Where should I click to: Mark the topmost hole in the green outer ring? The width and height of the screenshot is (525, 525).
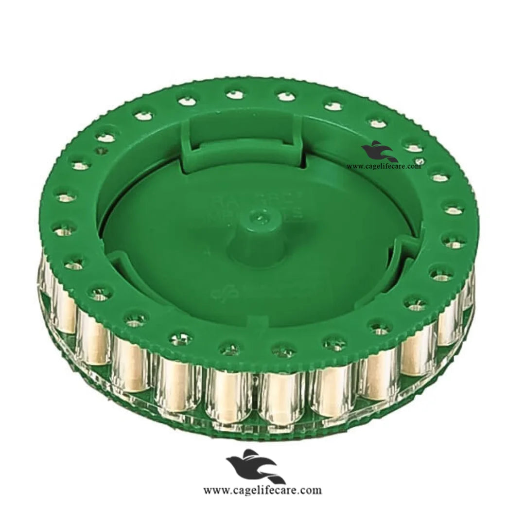(x=235, y=94)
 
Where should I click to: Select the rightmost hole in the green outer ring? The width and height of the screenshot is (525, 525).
(x=453, y=210)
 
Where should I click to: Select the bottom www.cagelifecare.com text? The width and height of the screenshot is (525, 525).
(x=262, y=490)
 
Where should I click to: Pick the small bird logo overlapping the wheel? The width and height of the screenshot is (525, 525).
(x=379, y=152)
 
